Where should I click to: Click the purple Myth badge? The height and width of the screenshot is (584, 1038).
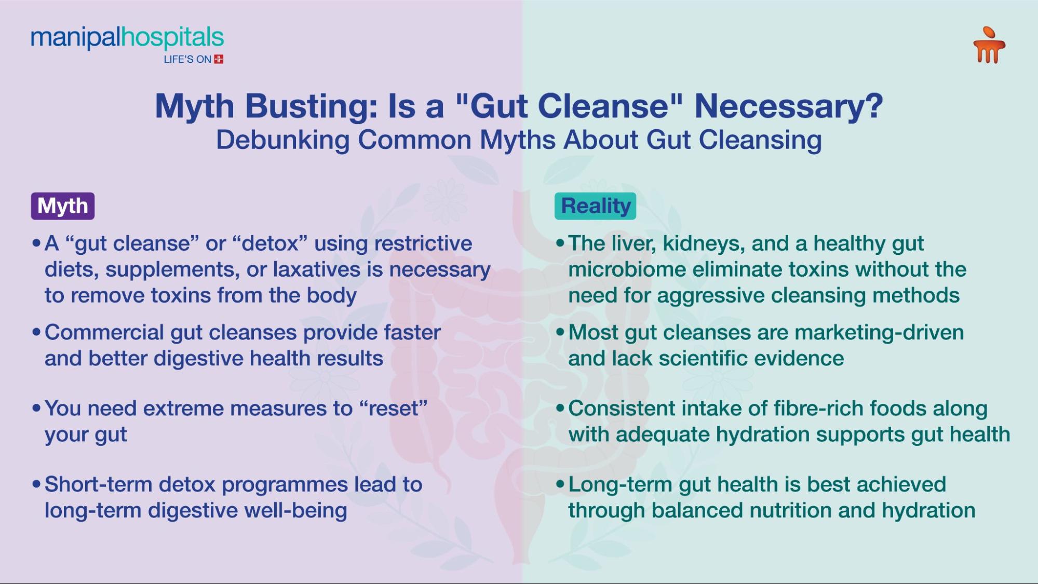click(x=62, y=206)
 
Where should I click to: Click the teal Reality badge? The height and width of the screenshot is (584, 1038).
click(x=595, y=206)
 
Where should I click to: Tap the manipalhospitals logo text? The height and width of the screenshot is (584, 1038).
click(x=127, y=37)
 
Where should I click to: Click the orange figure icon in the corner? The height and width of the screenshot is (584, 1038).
click(x=989, y=46)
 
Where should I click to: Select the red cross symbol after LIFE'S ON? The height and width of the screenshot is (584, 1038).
click(x=219, y=59)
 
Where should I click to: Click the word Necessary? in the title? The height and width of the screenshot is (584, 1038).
click(x=788, y=106)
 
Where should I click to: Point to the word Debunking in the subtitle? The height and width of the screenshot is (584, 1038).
click(x=283, y=140)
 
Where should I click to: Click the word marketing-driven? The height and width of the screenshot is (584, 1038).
click(x=879, y=333)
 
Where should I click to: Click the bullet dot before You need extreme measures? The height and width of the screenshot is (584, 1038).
click(x=36, y=409)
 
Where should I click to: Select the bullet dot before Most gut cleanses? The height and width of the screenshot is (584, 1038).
click(x=560, y=332)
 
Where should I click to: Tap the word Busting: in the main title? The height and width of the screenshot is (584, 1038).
click(x=311, y=106)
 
